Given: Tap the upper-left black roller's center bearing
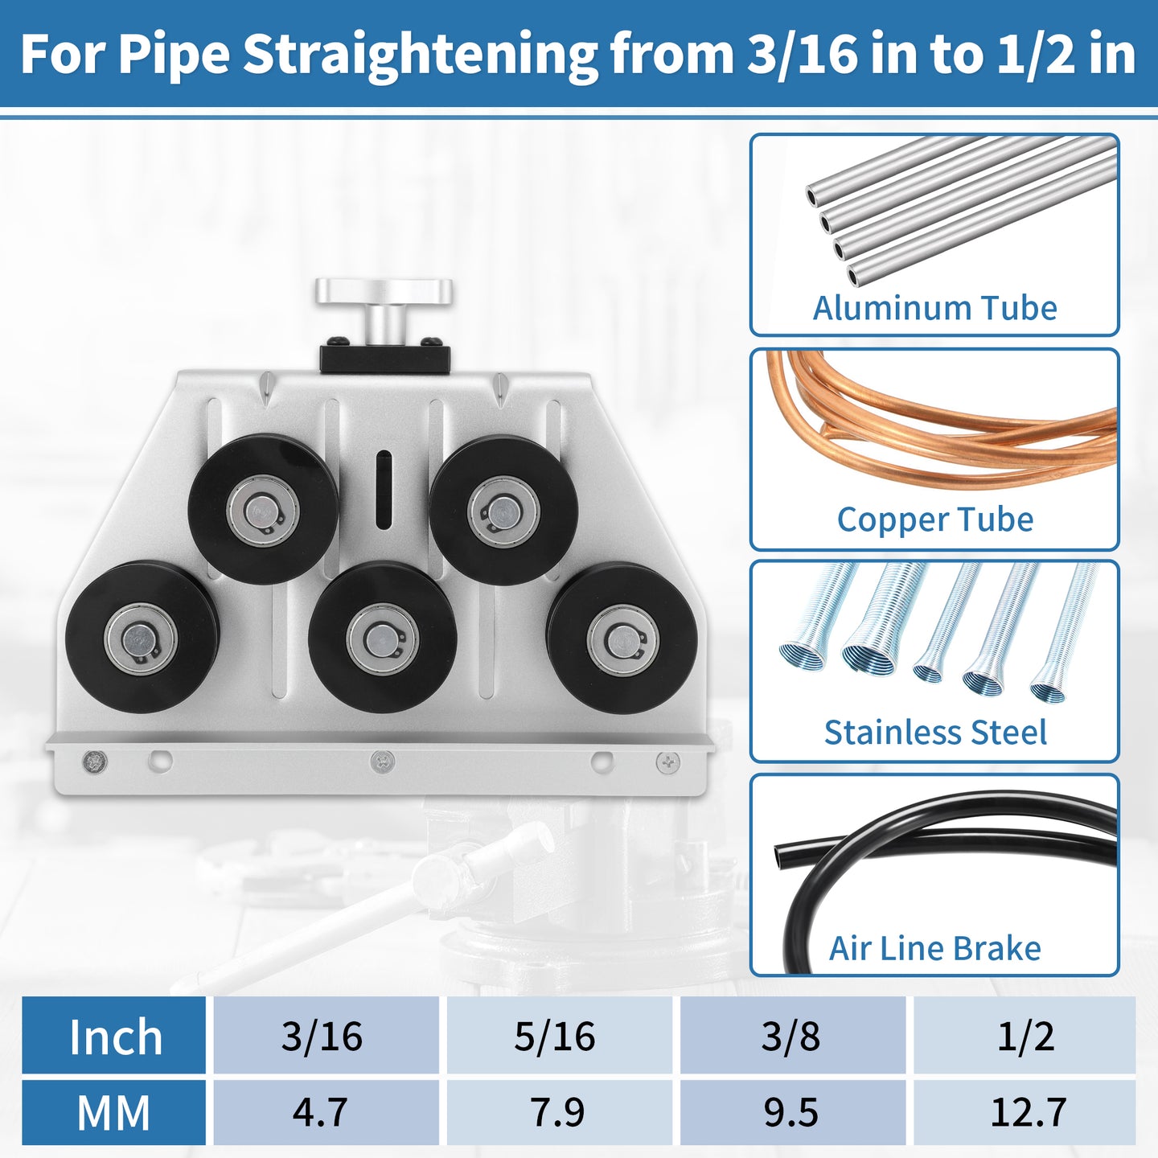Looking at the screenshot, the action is point(263,510).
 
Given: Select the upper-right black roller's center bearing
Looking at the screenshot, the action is point(503,511).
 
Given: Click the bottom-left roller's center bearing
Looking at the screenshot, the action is point(141,639).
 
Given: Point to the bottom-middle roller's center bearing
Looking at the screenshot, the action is point(383,639).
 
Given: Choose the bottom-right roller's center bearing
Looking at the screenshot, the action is point(622,639).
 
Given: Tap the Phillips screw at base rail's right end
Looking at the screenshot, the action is point(668,762).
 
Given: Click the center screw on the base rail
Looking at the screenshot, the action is point(382,762).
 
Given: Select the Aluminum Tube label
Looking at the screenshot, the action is point(934,308).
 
